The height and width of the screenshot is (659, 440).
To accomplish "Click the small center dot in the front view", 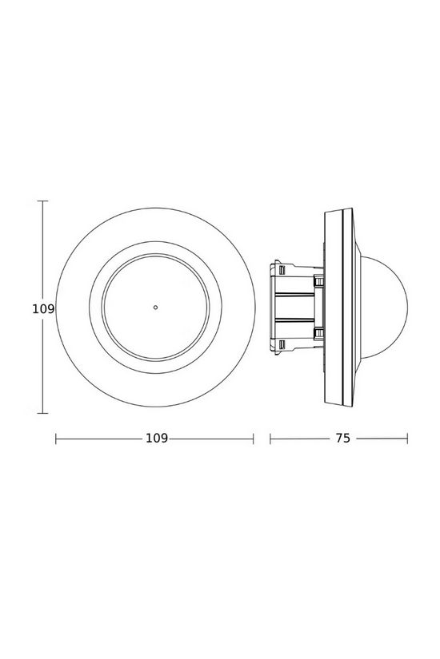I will point(155,306).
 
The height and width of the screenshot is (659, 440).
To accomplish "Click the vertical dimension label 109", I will point(43,308).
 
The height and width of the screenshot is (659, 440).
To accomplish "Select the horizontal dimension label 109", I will point(157,439).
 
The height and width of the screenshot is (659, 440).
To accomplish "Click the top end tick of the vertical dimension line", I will point(43,201).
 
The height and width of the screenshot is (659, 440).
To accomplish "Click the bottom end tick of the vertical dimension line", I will point(43,413).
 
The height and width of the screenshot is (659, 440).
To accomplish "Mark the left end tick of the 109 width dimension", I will point(55,439).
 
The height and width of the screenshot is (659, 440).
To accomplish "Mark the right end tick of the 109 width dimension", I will point(254,439).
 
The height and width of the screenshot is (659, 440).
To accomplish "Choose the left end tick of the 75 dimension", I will point(270,439).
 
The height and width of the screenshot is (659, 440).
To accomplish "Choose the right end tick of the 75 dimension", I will point(408,439).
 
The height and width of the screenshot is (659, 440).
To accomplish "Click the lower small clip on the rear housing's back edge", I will point(281,343).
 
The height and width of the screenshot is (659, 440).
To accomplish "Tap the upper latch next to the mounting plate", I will point(319,280).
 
